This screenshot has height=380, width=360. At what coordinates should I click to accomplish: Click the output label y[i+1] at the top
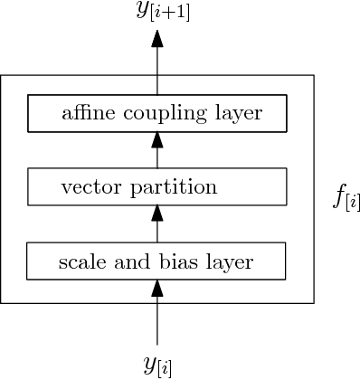158,12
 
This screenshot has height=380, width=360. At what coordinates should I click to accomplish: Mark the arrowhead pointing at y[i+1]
158,39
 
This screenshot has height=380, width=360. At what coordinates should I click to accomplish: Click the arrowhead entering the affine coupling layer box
158,139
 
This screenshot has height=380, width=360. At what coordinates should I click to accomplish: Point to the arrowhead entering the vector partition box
158,214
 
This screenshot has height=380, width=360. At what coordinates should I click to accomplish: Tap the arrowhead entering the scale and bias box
158,289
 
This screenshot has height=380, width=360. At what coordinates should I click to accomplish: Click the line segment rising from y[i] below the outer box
158,326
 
